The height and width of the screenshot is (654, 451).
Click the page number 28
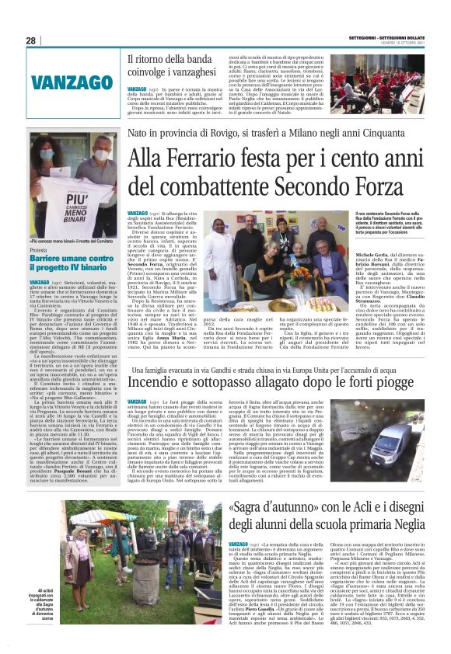pyautogui.click(x=31, y=40)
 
